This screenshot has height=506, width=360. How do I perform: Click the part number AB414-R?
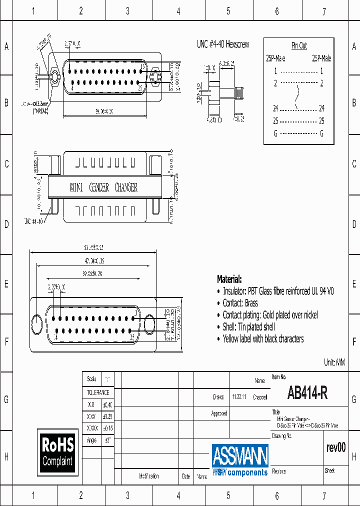[307, 394]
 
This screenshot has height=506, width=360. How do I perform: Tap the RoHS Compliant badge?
[57, 451]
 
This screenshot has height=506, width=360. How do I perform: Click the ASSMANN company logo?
[240, 459]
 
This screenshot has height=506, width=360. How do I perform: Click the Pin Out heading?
[299, 45]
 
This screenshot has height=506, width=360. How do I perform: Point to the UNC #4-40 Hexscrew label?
[222, 44]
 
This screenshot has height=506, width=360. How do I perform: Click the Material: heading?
[229, 279]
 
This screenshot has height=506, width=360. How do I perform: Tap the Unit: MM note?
[334, 362]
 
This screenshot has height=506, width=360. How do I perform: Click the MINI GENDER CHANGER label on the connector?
[103, 187]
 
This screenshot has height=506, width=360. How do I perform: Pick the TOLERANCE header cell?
[98, 392]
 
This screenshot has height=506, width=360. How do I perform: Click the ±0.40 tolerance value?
[107, 404]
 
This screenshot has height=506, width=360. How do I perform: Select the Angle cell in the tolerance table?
[91, 440]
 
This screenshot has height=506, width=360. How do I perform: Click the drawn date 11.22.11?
[238, 397]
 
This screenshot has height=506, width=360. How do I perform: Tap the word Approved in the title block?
[219, 413]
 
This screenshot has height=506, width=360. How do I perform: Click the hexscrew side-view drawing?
[225, 93]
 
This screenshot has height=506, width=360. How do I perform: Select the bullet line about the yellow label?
[263, 339]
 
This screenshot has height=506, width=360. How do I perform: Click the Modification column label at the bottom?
[148, 476]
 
